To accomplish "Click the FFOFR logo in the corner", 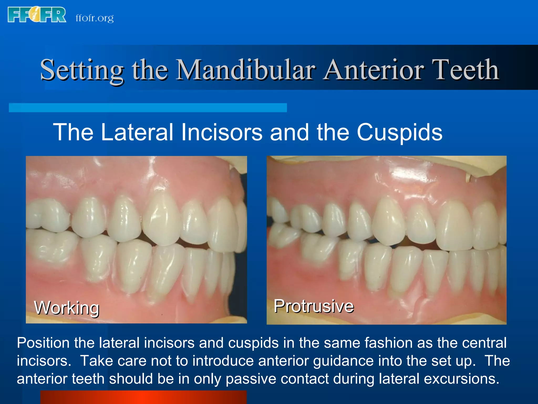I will (x=37, y=15).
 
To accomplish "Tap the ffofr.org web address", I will (x=95, y=18).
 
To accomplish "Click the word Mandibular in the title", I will (x=246, y=70).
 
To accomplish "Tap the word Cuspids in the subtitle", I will (x=400, y=132).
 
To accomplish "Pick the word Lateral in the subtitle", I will (x=137, y=132).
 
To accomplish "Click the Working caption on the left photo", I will (x=67, y=308).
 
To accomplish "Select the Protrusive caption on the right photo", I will (x=314, y=306).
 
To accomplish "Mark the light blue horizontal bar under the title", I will (x=148, y=108).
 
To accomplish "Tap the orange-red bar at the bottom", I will (x=143, y=397).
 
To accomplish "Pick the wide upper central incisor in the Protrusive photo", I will (x=454, y=226).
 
